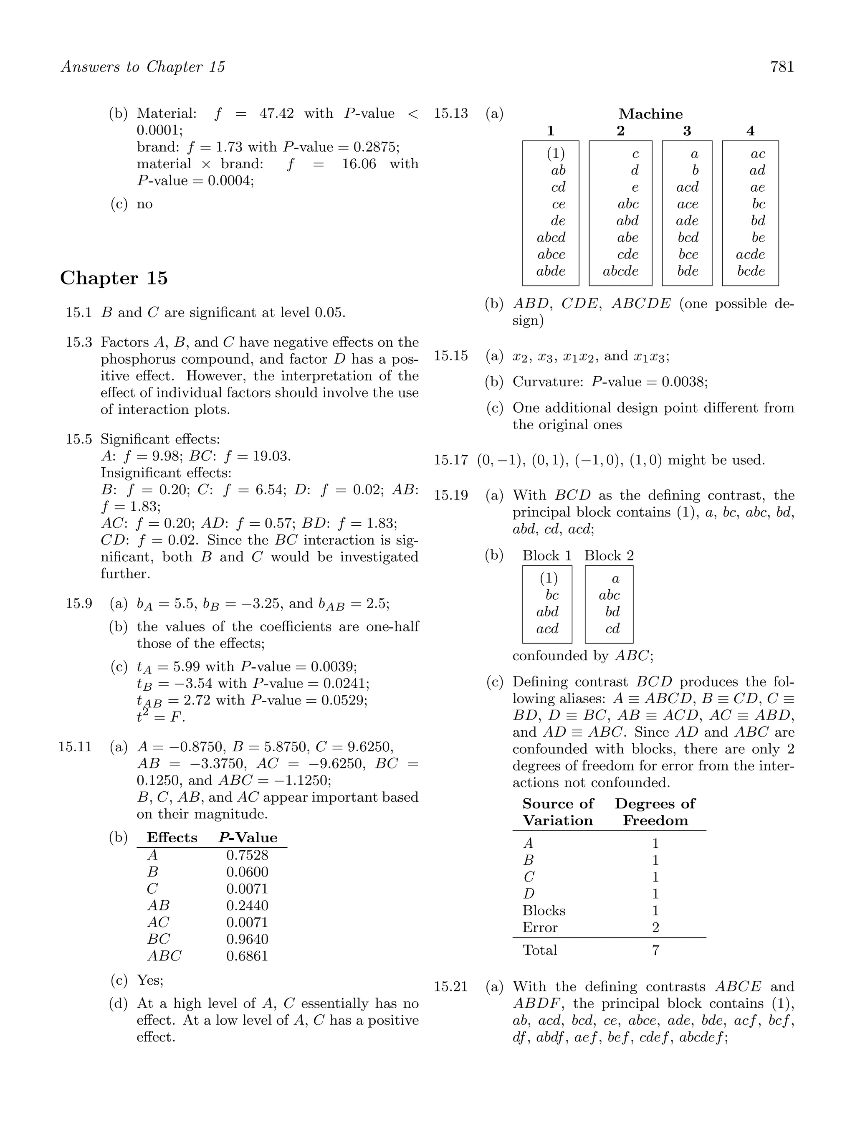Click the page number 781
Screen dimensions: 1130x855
(x=782, y=67)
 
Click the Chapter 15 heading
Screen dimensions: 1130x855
(x=114, y=279)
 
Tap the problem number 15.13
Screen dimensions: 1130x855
(x=450, y=114)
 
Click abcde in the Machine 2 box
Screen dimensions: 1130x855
(x=620, y=271)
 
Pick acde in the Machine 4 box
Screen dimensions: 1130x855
(x=750, y=254)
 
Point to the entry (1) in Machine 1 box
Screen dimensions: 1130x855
(x=555, y=153)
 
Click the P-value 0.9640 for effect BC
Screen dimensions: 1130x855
(x=247, y=939)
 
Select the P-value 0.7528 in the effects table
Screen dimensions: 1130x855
(x=247, y=855)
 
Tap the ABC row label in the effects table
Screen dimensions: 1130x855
(x=164, y=956)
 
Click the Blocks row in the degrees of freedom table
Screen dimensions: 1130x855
(x=544, y=911)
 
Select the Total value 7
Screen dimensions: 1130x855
(x=656, y=950)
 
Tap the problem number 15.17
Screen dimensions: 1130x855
(x=450, y=460)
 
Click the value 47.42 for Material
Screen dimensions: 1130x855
(x=276, y=114)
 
